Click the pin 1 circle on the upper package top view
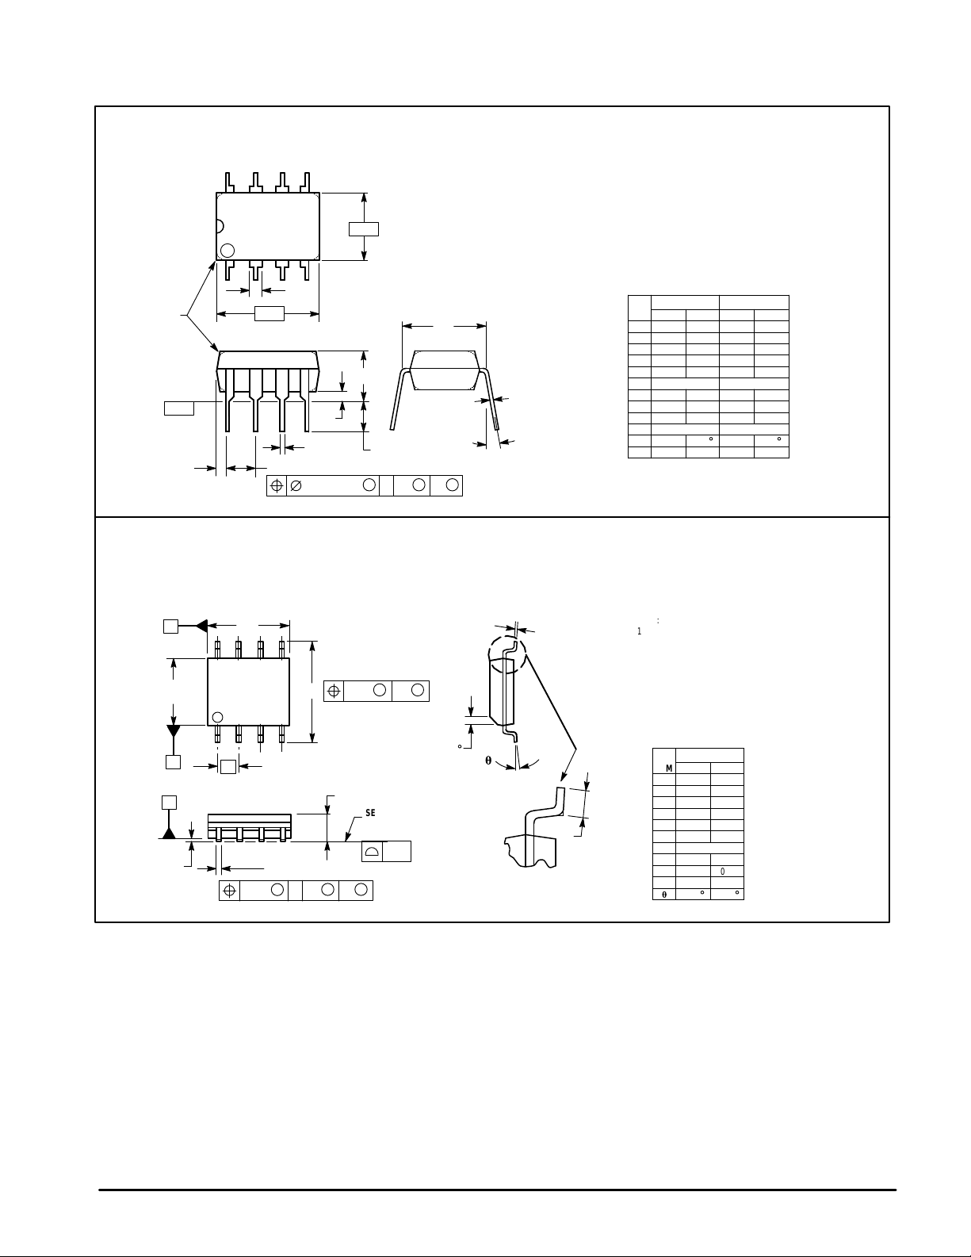(x=227, y=250)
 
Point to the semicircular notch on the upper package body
(x=220, y=225)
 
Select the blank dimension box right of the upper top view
(x=363, y=229)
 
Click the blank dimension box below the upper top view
(x=269, y=314)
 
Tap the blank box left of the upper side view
(x=178, y=408)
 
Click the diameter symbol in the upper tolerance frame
(x=296, y=486)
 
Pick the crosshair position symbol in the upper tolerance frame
(x=277, y=486)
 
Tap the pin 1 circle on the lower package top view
(x=217, y=718)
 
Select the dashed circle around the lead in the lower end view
(x=507, y=654)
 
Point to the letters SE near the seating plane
(x=370, y=814)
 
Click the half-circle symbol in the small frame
(x=372, y=852)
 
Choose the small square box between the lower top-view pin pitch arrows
(x=228, y=766)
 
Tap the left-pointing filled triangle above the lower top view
(x=201, y=626)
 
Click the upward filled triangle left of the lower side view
(x=169, y=832)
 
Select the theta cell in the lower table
(x=663, y=894)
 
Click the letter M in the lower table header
(x=669, y=768)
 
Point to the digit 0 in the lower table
(x=723, y=872)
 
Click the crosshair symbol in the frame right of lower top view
(x=334, y=691)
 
